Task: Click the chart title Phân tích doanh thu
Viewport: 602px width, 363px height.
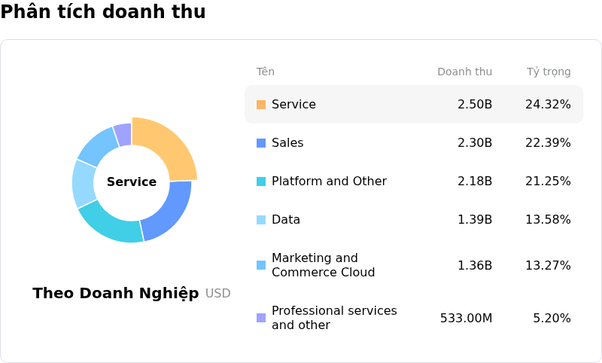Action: click(x=103, y=12)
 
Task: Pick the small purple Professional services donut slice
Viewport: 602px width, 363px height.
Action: click(x=123, y=134)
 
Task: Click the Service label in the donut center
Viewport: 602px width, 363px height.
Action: click(x=132, y=181)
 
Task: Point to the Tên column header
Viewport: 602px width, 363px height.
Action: click(x=266, y=72)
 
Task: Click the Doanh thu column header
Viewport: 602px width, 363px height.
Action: click(x=464, y=72)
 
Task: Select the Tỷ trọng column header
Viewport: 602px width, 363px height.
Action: click(x=548, y=72)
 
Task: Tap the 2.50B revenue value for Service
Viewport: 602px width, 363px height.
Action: click(x=474, y=104)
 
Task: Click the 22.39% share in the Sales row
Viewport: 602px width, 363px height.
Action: click(x=548, y=142)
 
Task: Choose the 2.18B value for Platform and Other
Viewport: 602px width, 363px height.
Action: click(x=474, y=181)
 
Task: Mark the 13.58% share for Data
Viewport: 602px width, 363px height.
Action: click(x=548, y=219)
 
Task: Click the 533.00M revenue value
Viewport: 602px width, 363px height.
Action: click(x=466, y=318)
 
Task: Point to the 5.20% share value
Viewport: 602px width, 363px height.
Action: click(x=552, y=318)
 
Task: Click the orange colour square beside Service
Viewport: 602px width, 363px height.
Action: click(x=261, y=105)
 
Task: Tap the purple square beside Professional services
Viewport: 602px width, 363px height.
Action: click(x=261, y=318)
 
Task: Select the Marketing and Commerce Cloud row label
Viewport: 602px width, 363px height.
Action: click(x=323, y=265)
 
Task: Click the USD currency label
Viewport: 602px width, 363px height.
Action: click(x=217, y=294)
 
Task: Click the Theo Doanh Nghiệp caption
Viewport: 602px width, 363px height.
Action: click(x=116, y=293)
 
